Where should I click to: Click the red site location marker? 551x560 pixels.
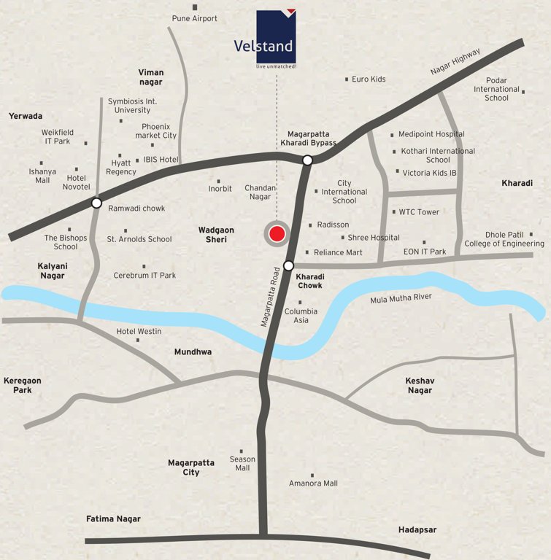277,234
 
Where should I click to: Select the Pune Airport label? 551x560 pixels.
195,18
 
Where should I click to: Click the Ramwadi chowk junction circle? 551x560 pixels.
96,203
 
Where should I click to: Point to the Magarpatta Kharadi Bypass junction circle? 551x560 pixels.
308,160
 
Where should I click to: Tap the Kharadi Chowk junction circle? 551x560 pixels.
289,265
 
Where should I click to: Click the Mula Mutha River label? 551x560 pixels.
402,297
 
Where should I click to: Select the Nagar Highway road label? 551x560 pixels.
455,62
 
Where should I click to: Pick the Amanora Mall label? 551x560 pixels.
313,483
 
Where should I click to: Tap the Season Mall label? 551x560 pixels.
242,464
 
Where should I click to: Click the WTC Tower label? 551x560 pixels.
419,212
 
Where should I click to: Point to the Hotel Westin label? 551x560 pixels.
139,332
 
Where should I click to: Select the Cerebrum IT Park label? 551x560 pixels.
145,276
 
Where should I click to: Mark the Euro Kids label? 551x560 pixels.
369,79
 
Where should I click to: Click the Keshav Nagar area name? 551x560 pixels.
419,385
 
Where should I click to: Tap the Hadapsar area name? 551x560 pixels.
417,530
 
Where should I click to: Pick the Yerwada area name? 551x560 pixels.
26,116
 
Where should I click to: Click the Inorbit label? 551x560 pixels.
220,189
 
